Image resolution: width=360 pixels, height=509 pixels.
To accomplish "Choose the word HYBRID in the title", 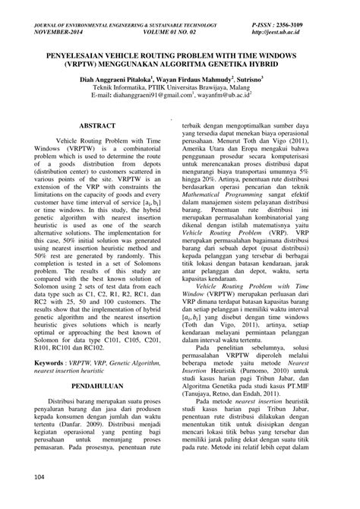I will click(x=257, y=64).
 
